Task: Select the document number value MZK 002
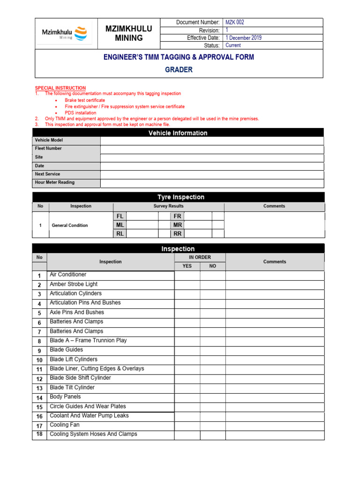(235, 22)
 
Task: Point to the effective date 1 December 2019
(243, 38)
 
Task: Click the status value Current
(233, 45)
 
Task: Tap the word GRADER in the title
(179, 70)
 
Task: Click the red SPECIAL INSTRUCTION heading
(60, 88)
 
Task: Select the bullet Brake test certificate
(85, 100)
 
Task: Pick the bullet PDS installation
(81, 113)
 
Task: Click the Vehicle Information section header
(178, 133)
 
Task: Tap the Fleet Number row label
(48, 149)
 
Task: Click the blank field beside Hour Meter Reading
(212, 183)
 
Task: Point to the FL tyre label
(120, 216)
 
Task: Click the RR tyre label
(177, 234)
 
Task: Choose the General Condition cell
(70, 225)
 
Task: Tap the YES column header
(187, 266)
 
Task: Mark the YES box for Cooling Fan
(187, 426)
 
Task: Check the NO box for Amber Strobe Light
(212, 285)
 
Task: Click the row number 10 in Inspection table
(39, 360)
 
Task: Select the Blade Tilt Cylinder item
(72, 388)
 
